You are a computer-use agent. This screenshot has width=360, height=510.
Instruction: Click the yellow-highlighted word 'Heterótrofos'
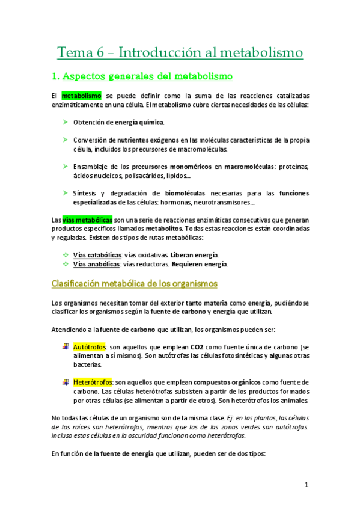(93, 382)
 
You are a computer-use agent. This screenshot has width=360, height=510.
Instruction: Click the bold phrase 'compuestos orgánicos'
(229, 382)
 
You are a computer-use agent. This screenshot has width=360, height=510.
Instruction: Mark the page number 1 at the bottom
(306, 485)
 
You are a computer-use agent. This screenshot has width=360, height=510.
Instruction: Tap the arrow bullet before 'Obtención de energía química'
(64, 123)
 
